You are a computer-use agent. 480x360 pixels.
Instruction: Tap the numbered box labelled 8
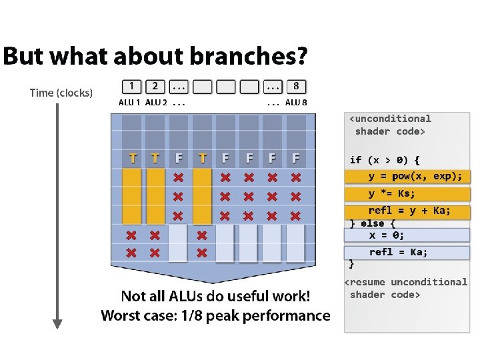click(x=296, y=86)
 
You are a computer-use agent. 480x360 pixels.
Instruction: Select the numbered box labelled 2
click(x=155, y=86)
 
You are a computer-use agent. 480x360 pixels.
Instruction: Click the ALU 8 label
click(x=296, y=103)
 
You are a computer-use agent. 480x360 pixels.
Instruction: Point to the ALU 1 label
click(x=129, y=103)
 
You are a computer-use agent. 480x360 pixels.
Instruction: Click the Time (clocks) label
click(x=61, y=93)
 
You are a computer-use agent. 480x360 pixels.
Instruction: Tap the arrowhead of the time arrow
click(x=57, y=324)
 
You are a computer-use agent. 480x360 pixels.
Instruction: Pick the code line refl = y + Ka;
click(x=409, y=211)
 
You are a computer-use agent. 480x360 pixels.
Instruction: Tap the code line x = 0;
click(x=387, y=235)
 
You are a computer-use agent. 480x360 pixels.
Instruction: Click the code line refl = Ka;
click(x=398, y=252)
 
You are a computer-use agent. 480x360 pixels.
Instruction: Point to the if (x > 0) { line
click(x=385, y=160)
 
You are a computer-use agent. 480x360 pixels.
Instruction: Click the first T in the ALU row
click(x=133, y=159)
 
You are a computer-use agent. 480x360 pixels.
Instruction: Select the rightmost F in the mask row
click(x=295, y=159)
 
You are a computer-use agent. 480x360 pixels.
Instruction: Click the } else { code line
click(x=373, y=223)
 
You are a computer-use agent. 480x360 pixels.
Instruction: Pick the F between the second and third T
click(x=179, y=159)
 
